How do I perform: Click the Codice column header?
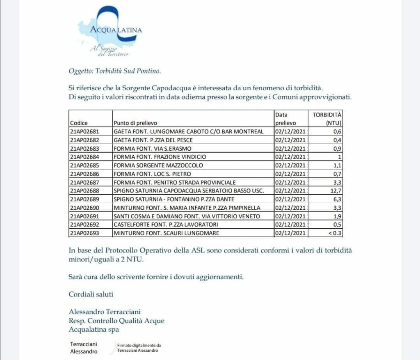pyautogui.click(x=79, y=123)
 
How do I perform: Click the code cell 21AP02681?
pyautogui.click(x=85, y=131)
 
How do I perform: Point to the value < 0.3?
pyautogui.click(x=334, y=233)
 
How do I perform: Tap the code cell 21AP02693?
pyautogui.click(x=85, y=233)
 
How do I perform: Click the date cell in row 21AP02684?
pyautogui.click(x=290, y=157)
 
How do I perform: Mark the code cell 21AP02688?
pyautogui.click(x=85, y=191)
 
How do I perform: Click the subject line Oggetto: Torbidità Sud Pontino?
pyautogui.click(x=115, y=71)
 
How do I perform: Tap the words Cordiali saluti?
pyautogui.click(x=91, y=294)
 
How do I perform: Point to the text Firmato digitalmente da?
pyautogui.click(x=139, y=346)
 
